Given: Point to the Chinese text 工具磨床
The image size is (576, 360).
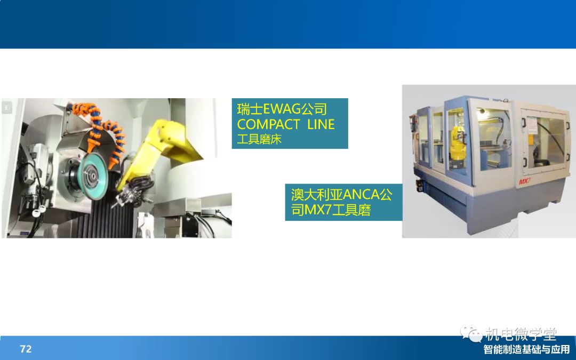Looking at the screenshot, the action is click(259, 139).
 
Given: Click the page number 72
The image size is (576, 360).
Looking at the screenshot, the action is click(26, 349).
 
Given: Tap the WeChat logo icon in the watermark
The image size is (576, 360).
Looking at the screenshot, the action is click(471, 333).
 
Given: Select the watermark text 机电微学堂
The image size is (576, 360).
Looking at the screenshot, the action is click(521, 334).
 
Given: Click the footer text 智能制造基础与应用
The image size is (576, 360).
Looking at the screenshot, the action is click(526, 349).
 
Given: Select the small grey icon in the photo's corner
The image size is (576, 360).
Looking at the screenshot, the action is click(7, 108).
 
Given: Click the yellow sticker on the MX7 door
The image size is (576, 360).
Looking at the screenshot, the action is click(531, 140).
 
